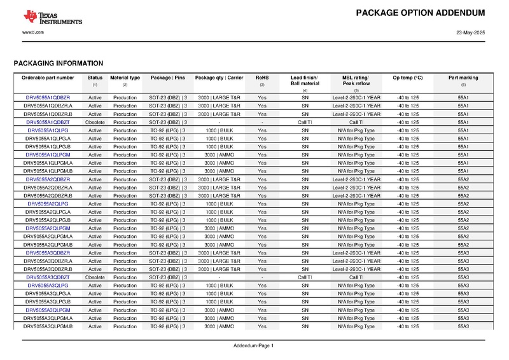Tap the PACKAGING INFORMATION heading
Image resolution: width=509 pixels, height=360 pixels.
click(59, 64)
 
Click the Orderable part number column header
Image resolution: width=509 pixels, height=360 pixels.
click(48, 78)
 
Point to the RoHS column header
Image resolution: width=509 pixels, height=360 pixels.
click(262, 78)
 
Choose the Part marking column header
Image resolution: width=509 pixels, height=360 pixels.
click(463, 78)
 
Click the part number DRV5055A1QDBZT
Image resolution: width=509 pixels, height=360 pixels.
click(48, 122)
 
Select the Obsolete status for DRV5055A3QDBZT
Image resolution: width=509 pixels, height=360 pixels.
click(95, 277)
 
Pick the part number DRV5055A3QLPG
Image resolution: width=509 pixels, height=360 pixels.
click(48, 286)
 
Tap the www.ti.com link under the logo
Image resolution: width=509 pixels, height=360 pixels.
click(32, 32)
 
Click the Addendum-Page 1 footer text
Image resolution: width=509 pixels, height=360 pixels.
click(254, 345)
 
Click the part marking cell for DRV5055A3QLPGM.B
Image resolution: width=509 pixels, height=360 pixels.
click(463, 326)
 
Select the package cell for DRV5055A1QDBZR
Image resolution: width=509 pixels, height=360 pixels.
click(168, 97)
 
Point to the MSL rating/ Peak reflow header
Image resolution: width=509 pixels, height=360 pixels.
click(356, 81)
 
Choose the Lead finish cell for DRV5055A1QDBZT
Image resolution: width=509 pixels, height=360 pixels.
click(305, 122)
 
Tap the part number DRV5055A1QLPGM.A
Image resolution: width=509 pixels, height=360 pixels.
click(48, 163)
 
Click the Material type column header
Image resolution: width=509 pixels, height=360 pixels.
click(125, 78)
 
